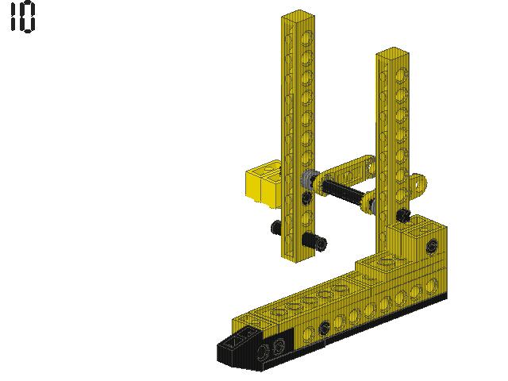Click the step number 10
coord(22,17)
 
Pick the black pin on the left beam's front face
coord(314,241)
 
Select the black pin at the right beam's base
coord(404,214)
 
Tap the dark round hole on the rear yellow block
coord(431,247)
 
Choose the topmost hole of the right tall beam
coord(402,73)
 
